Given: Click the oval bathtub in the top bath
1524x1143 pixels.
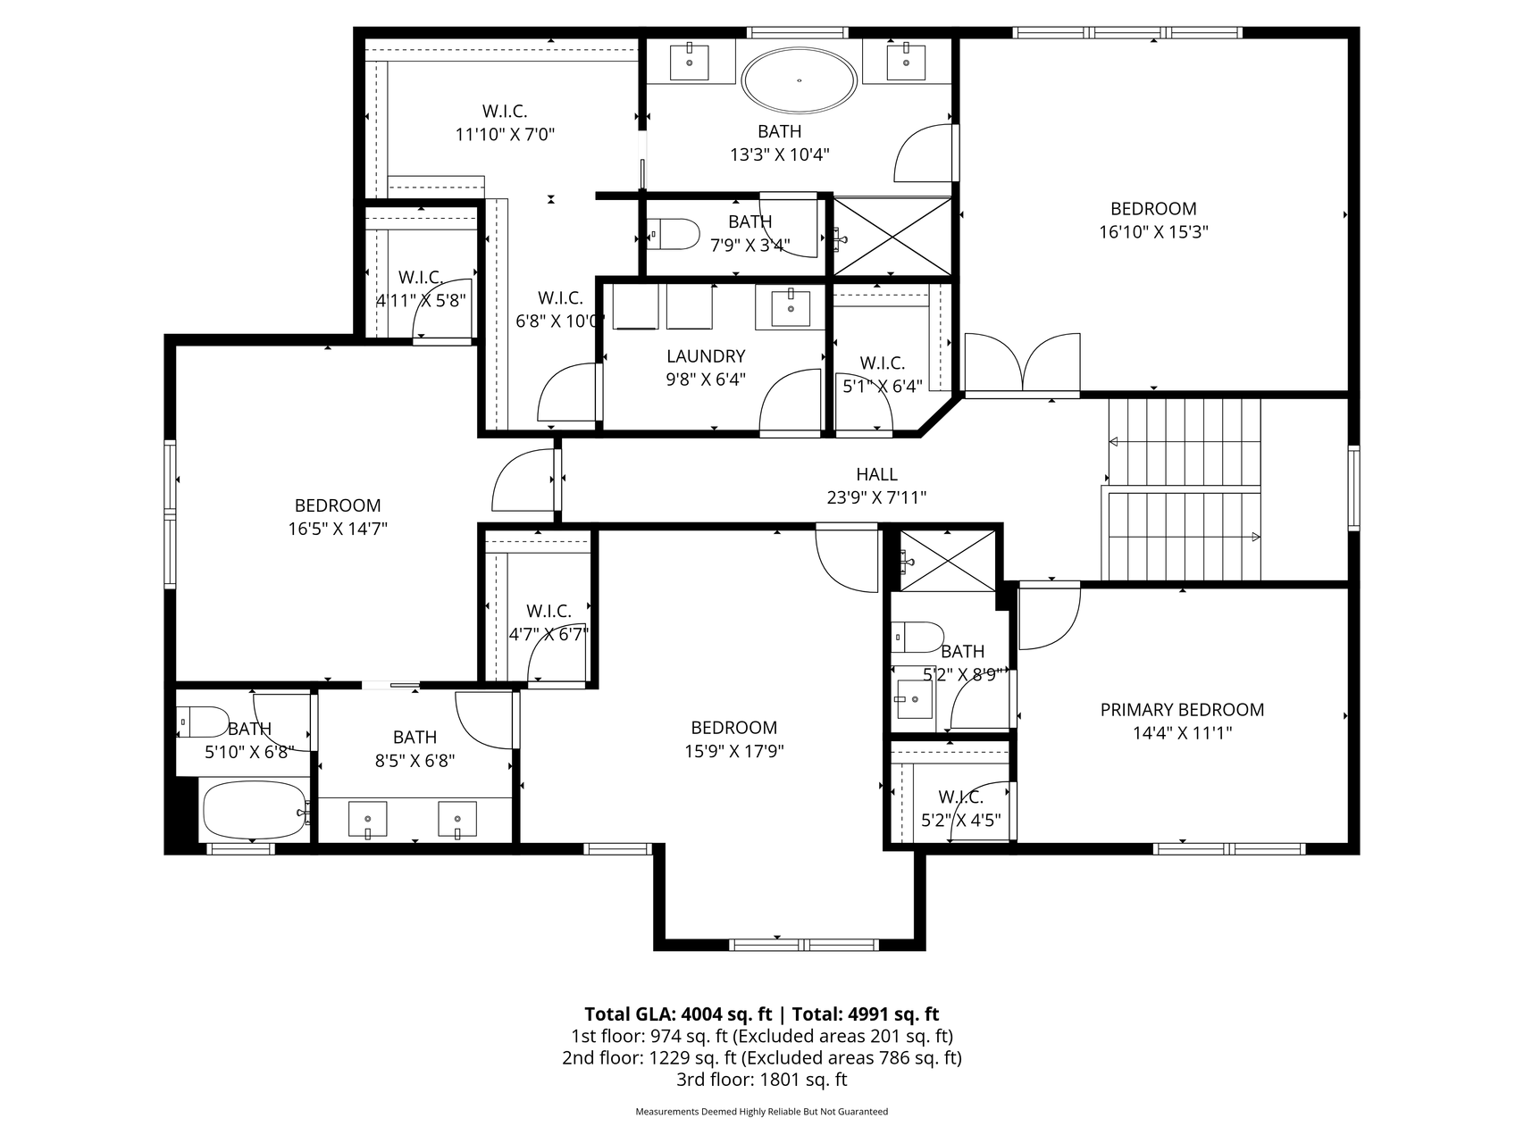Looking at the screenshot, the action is pyautogui.click(x=800, y=80).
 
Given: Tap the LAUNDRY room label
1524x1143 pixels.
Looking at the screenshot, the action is pyautogui.click(x=706, y=356).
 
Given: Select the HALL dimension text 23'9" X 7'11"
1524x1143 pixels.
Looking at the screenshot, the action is pyautogui.click(x=876, y=497).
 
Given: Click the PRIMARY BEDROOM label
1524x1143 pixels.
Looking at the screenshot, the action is pyautogui.click(x=1182, y=710).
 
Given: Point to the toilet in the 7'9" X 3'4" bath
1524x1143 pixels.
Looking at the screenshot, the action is pyautogui.click(x=674, y=234).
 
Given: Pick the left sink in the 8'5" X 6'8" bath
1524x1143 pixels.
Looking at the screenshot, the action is pyautogui.click(x=367, y=819).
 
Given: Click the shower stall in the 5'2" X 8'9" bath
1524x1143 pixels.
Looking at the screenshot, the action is pyautogui.click(x=947, y=560).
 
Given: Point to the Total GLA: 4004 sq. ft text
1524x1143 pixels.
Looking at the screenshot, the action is pyautogui.click(x=678, y=1014).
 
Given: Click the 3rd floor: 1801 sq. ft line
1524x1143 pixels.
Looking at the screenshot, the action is pyautogui.click(x=762, y=1080).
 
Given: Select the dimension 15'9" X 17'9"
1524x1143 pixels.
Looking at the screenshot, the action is pyautogui.click(x=733, y=751).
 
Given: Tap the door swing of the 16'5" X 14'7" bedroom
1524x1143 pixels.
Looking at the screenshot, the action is pyautogui.click(x=523, y=480).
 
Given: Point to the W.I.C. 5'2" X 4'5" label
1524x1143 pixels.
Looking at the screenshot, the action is pyautogui.click(x=961, y=809).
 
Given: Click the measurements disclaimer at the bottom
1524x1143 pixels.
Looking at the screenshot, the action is pyautogui.click(x=762, y=1112).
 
